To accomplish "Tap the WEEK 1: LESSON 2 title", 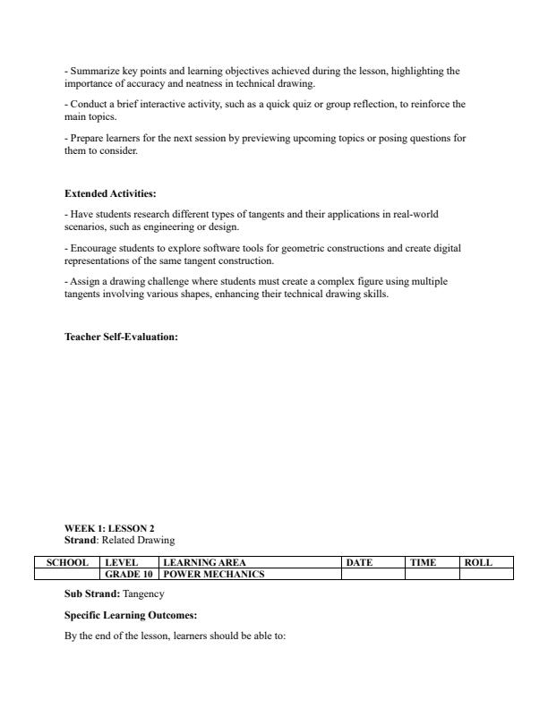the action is coord(109,528).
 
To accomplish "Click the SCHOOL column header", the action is coord(67,562).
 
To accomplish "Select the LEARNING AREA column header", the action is coord(204,562).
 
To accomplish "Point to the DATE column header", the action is coord(359,562).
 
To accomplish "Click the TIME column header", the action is coord(423,562).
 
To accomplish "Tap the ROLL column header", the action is coord(478,562).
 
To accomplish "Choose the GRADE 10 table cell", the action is coord(129,574).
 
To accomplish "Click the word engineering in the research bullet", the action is coord(150,226).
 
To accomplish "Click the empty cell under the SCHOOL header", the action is coord(67,574).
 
